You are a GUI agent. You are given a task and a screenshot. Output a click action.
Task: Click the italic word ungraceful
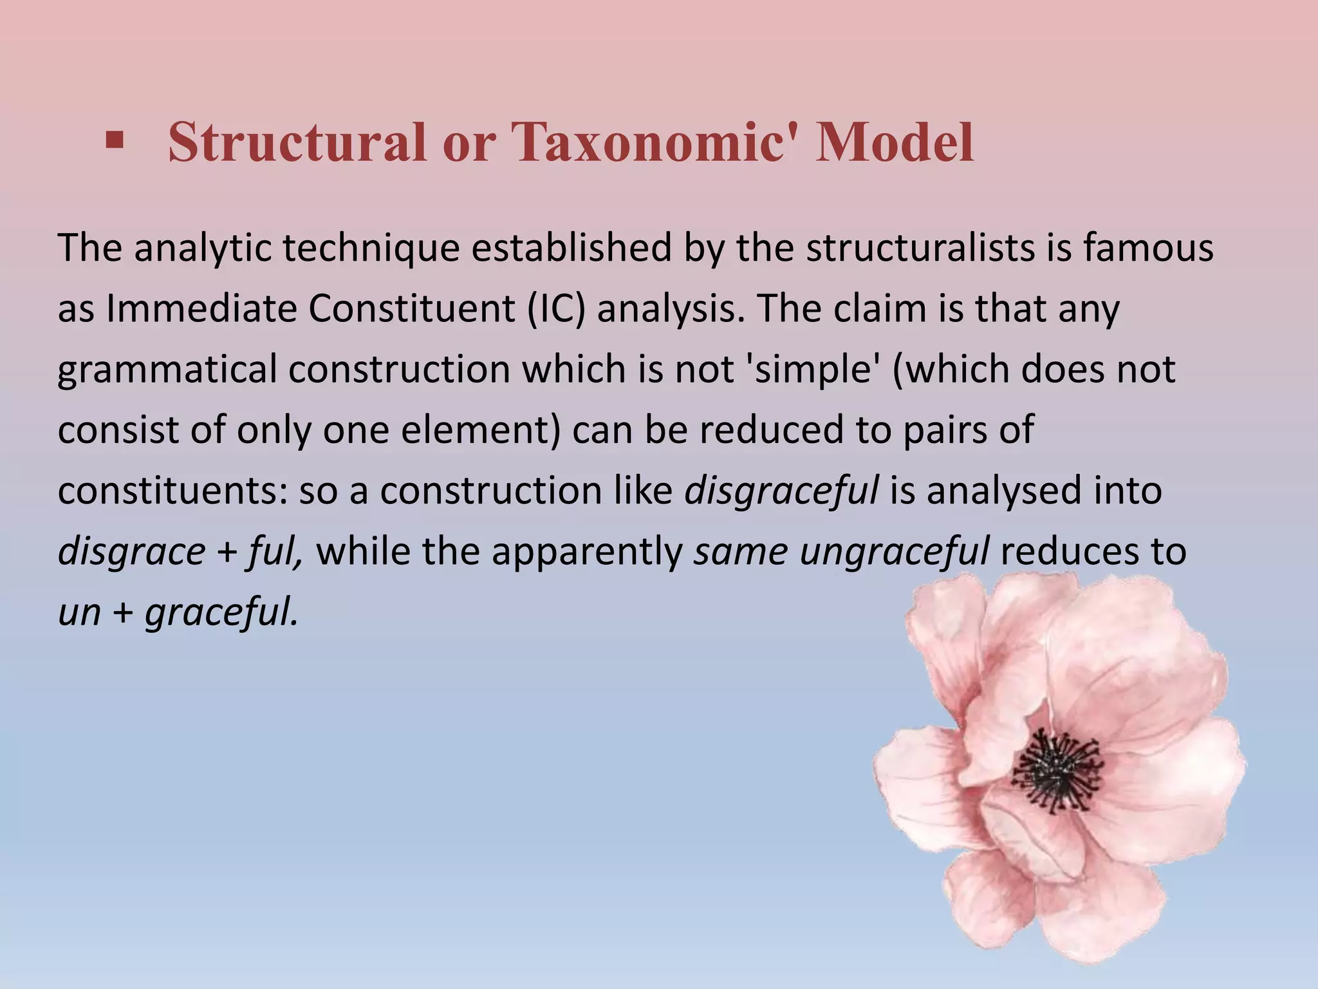(894, 552)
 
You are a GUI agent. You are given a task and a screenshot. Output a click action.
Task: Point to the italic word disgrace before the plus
(131, 552)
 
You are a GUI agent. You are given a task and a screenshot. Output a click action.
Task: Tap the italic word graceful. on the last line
(222, 613)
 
